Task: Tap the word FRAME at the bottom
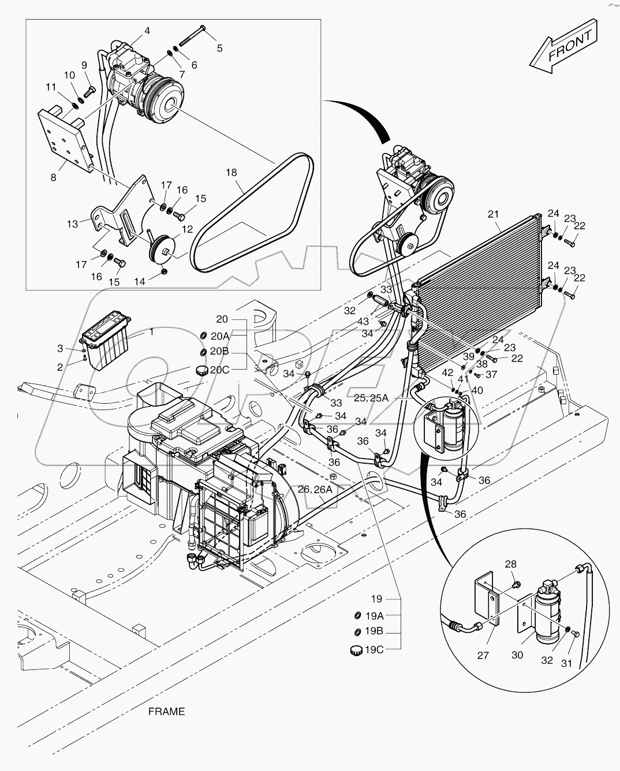(166, 712)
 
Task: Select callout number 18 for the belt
(231, 173)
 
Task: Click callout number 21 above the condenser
(493, 214)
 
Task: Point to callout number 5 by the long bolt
(220, 48)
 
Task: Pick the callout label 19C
(374, 650)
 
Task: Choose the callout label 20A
(219, 336)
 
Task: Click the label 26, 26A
(315, 489)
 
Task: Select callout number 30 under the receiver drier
(517, 655)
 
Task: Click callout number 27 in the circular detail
(483, 655)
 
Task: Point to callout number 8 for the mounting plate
(54, 177)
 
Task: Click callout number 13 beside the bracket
(72, 224)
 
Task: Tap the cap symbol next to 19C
(356, 650)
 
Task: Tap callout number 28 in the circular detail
(511, 564)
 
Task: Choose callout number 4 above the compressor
(147, 31)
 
